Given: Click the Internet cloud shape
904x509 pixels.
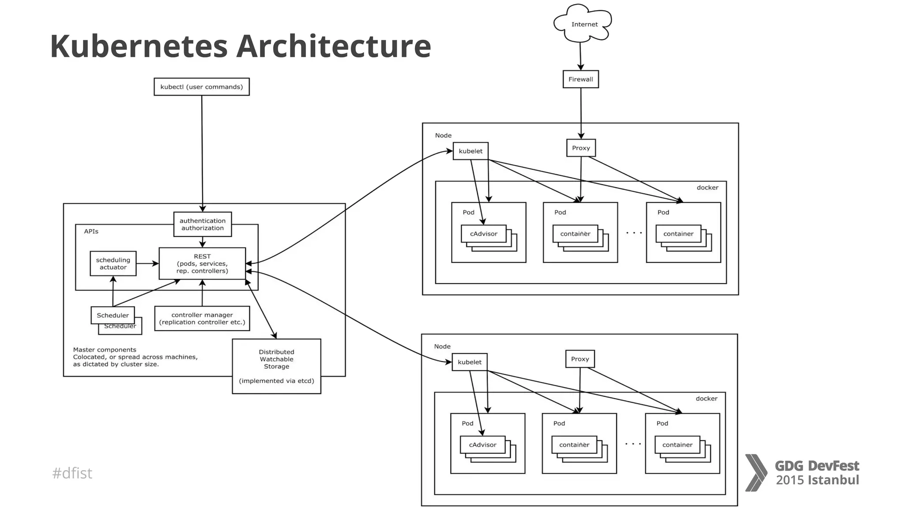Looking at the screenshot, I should pos(583,23).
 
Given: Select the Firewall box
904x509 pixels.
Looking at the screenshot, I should pos(580,79).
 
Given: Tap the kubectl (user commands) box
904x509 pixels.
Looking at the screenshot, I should pos(201,87).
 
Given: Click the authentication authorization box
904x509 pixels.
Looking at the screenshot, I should pos(202,224).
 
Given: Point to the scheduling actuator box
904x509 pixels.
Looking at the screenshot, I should pos(113,263).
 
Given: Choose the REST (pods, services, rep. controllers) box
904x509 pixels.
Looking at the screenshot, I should pos(202,263).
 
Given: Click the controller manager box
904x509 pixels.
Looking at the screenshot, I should pos(202,318).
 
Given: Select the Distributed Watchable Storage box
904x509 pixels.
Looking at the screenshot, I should pos(276,366).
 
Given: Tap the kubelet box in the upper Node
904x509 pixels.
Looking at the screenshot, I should pos(471,151).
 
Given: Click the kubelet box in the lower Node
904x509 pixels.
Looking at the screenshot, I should pos(470,362).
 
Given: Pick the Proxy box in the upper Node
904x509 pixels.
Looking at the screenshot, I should pos(581,148).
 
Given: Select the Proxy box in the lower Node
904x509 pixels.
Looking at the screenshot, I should pos(580,359).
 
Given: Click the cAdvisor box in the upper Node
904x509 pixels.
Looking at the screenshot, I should pos(483,234).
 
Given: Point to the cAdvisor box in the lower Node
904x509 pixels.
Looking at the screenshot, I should pos(482,444).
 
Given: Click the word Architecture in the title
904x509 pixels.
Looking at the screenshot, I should pos(333,46).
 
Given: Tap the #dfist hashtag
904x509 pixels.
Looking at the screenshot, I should pos(72,473).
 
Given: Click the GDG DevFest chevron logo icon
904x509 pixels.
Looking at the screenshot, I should pos(756,472).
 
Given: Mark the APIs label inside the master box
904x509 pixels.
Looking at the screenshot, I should pos(91,231).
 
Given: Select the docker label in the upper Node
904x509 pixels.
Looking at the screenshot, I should pos(707,187).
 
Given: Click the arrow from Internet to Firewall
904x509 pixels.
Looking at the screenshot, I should pos(580,56).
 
